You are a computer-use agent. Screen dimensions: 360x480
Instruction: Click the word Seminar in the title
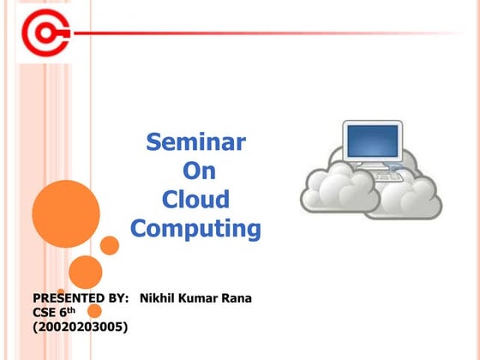195,141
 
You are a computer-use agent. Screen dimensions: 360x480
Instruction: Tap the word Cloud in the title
196,200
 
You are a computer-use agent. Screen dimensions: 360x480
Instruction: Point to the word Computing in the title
195,229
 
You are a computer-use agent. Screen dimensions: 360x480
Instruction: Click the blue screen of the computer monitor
373,140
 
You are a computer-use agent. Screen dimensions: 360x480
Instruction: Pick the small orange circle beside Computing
110,245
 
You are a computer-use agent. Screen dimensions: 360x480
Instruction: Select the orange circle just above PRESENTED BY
86,272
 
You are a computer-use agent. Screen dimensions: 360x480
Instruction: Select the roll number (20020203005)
80,327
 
